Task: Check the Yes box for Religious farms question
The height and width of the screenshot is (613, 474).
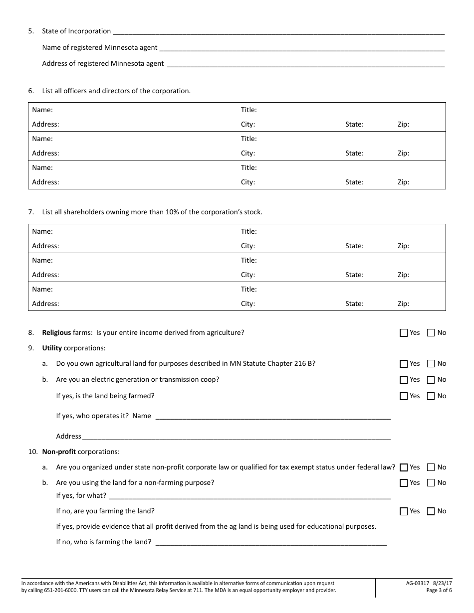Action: (404, 333)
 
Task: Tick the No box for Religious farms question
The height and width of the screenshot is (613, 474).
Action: (431, 333)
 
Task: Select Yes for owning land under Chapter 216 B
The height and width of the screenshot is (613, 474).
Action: (404, 364)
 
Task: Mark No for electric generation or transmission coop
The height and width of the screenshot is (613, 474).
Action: (431, 380)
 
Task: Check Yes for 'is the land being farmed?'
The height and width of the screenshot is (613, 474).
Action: (404, 396)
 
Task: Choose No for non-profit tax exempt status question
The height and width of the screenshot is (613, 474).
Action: (431, 467)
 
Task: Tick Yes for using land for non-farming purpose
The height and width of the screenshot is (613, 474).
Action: (404, 483)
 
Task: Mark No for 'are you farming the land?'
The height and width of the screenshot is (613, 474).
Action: (431, 511)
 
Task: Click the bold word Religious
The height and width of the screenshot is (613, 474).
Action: (56, 332)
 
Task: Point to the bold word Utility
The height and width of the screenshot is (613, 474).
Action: (52, 348)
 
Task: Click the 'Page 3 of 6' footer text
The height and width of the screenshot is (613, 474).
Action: (439, 591)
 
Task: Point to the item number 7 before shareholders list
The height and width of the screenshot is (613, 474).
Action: (31, 212)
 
